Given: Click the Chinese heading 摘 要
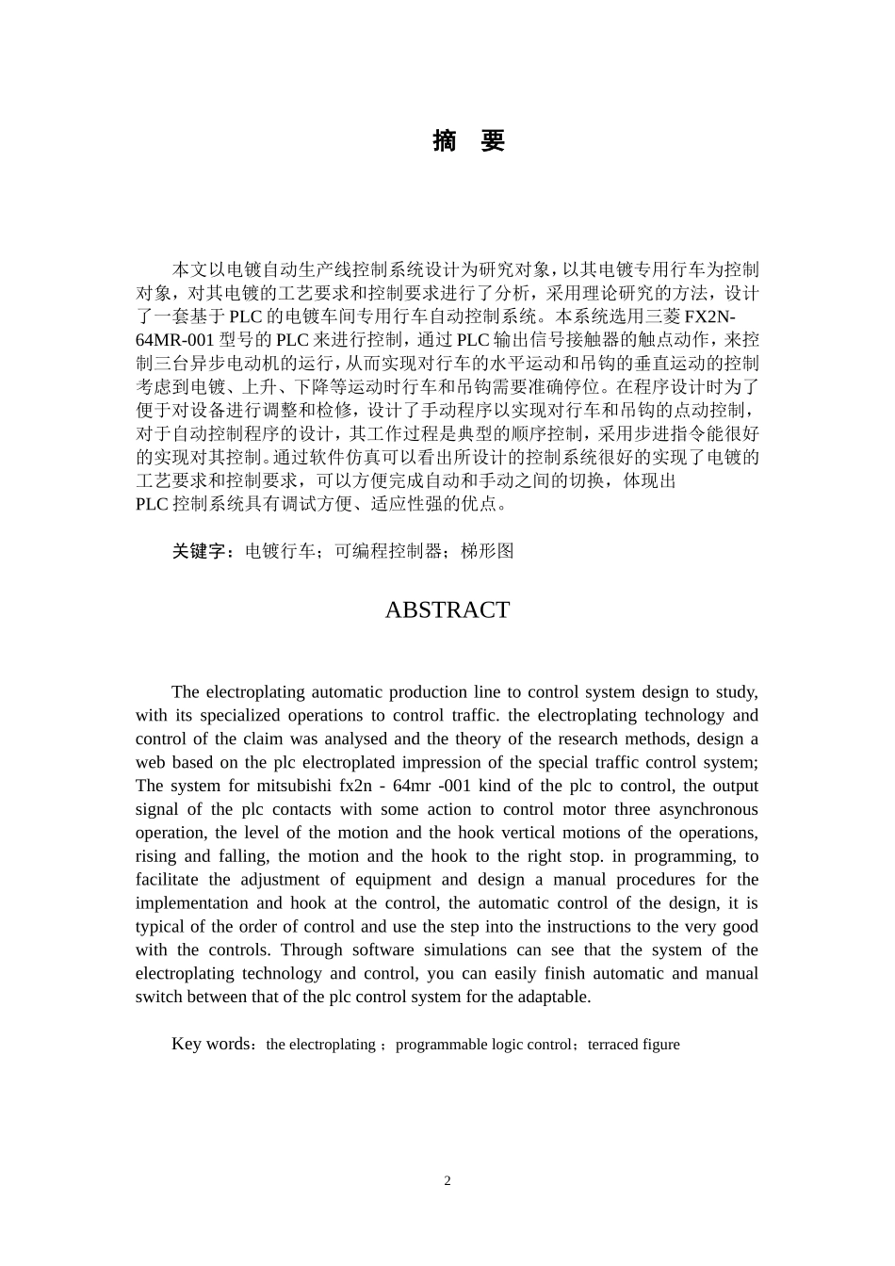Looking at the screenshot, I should [x=469, y=141].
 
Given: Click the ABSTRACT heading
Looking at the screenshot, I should [x=447, y=610].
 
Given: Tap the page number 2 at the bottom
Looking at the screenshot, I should [x=447, y=1181].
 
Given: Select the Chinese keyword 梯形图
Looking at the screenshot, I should [x=487, y=552].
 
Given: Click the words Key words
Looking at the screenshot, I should [x=211, y=1044].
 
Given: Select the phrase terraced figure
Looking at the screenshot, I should [x=633, y=1045].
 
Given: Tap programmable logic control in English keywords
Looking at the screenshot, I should [x=483, y=1045].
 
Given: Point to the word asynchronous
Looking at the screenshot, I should [x=708, y=809].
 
